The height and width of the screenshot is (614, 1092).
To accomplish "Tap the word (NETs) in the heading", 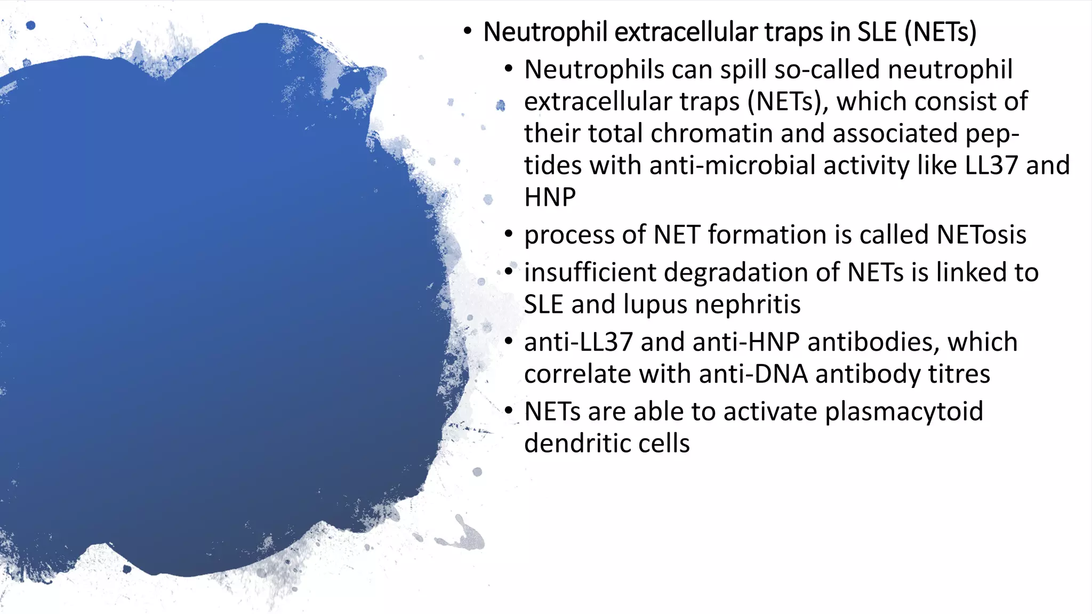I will point(941,32).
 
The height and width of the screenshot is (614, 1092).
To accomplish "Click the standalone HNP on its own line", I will point(550,197).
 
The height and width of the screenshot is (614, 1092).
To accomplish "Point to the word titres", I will point(959,374).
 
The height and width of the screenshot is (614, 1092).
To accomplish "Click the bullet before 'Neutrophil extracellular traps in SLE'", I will point(468,31).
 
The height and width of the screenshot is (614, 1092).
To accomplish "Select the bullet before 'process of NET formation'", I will point(509,234).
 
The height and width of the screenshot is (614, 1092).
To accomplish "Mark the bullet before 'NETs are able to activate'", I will point(509,411).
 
